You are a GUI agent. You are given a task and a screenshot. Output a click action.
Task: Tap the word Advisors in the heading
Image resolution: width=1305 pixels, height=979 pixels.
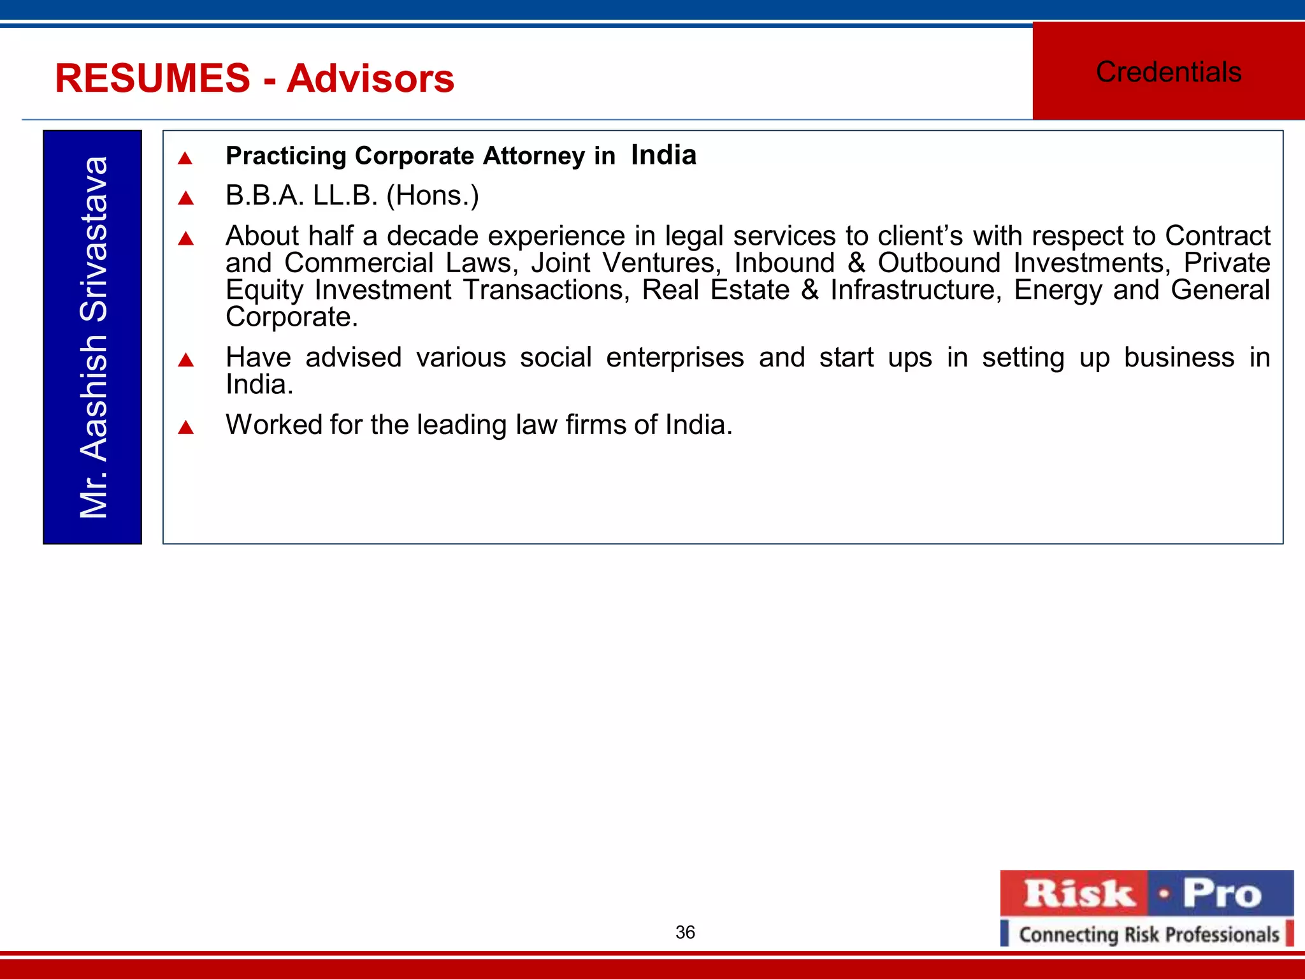click(370, 79)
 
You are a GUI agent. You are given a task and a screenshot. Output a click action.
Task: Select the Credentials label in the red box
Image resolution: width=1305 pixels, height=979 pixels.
click(1169, 71)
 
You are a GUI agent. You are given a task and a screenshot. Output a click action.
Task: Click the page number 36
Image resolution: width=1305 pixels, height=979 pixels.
click(685, 932)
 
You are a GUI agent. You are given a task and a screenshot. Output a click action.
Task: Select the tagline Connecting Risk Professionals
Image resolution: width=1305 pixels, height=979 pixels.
click(1149, 934)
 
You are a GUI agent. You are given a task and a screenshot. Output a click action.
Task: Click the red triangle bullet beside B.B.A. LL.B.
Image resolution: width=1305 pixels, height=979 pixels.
click(185, 198)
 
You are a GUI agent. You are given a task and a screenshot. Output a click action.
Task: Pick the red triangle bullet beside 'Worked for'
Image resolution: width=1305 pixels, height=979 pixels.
click(185, 427)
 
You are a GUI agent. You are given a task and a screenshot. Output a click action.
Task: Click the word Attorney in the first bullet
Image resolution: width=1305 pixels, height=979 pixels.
click(534, 156)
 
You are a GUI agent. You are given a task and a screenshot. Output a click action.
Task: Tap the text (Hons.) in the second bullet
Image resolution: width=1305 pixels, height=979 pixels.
click(433, 196)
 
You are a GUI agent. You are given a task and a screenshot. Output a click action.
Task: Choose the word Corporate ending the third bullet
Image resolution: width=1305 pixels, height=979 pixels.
click(291, 317)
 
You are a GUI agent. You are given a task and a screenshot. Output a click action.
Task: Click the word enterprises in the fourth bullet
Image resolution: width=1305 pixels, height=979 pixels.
click(675, 358)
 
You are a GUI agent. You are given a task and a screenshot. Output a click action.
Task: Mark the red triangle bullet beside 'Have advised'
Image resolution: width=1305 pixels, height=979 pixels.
click(185, 360)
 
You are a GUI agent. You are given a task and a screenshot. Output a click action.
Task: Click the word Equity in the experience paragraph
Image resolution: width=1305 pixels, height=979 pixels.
click(264, 291)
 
